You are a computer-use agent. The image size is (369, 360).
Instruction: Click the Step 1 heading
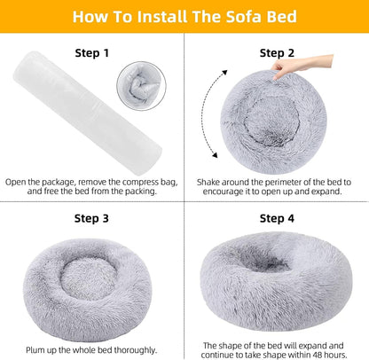pyautogui.click(x=92, y=53)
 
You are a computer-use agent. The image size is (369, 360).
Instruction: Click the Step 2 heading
pyautogui.click(x=277, y=53)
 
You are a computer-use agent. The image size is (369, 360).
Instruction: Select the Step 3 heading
pyautogui.click(x=92, y=217)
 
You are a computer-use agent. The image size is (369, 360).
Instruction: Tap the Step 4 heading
pyautogui.click(x=277, y=217)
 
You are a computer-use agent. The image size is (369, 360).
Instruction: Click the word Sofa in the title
pyautogui.click(x=231, y=17)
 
